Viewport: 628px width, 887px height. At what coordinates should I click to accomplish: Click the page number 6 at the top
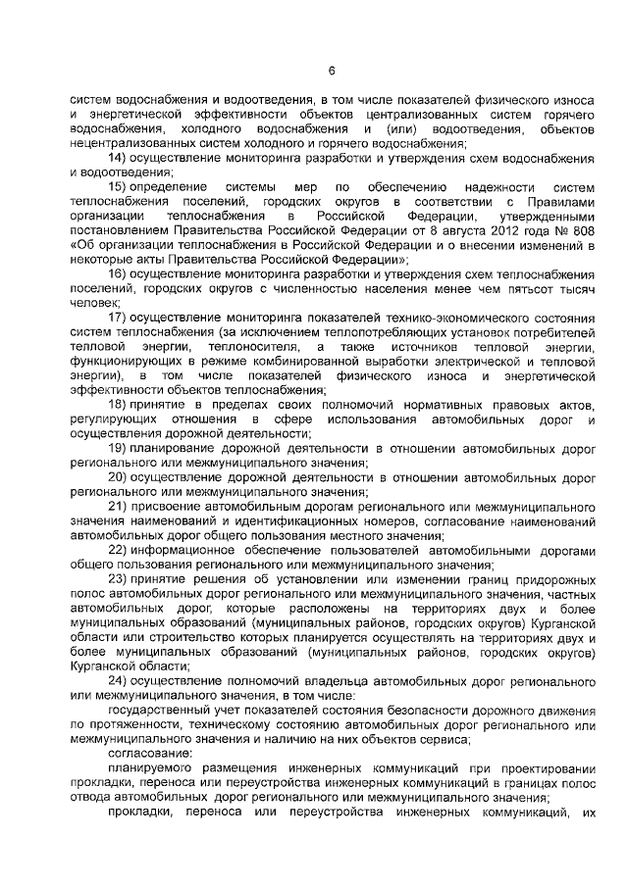332,70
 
